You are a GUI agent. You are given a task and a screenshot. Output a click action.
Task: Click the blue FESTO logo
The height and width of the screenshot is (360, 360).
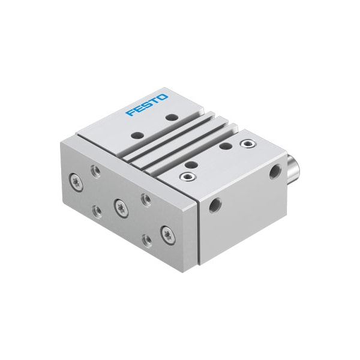(146, 104)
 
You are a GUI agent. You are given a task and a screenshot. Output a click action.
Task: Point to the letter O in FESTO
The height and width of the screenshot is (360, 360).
(163, 97)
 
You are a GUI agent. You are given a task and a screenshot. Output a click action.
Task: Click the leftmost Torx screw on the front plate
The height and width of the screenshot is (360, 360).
(76, 179)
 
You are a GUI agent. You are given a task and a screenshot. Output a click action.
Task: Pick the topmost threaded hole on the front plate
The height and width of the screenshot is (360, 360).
(95, 170)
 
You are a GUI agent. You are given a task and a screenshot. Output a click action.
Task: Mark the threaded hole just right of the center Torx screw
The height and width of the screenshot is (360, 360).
(145, 199)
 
